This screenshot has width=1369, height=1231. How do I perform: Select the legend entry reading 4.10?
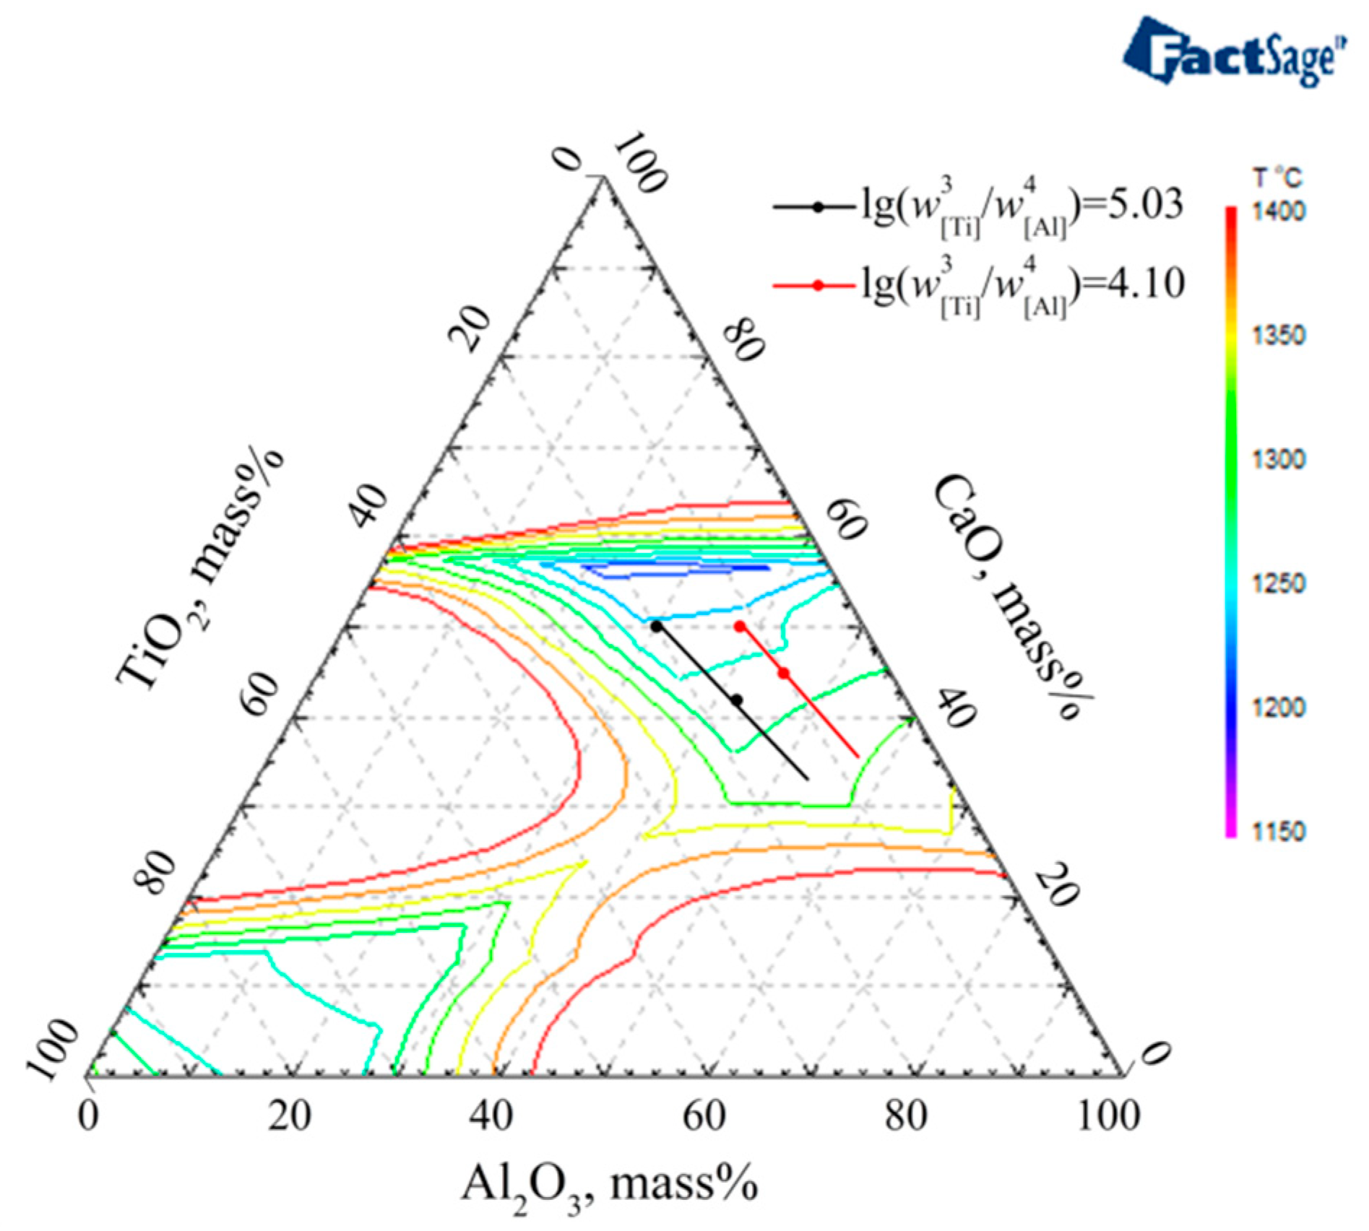(979, 286)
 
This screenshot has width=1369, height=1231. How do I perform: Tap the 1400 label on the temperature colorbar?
(1279, 212)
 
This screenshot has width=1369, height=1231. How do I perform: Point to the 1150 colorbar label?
(1279, 831)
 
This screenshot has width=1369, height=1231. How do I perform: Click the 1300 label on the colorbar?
(1279, 459)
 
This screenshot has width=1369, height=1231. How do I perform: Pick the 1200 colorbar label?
(1279, 707)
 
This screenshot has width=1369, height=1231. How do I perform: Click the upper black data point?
(656, 626)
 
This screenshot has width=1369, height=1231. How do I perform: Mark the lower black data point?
(737, 700)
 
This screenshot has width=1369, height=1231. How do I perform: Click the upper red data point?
(740, 626)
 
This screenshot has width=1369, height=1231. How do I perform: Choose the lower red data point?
(784, 674)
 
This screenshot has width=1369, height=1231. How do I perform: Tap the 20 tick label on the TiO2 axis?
(470, 327)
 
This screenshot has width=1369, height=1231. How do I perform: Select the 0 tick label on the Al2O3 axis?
(89, 1116)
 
